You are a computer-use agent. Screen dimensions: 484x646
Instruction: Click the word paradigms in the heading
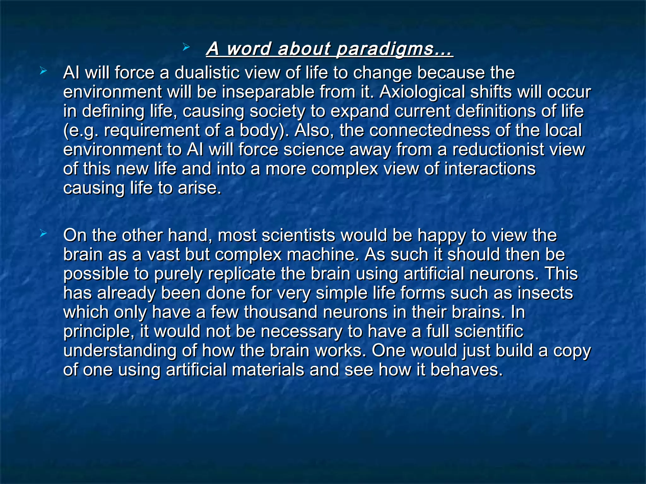[394, 49]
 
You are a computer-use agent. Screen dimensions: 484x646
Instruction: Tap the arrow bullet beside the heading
[186, 48]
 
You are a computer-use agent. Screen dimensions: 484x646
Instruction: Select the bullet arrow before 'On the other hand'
[43, 234]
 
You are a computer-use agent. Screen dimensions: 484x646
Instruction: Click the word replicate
[242, 274]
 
